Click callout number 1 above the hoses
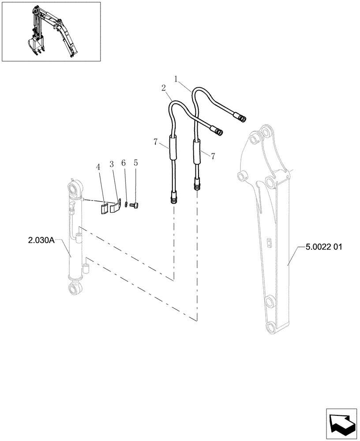(176, 79)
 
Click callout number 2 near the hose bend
(163, 88)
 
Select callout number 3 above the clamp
(112, 164)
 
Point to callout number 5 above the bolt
(135, 163)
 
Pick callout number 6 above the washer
(124, 163)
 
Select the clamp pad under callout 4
(103, 208)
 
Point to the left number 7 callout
(156, 142)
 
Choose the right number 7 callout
(213, 156)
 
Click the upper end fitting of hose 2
(218, 131)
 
